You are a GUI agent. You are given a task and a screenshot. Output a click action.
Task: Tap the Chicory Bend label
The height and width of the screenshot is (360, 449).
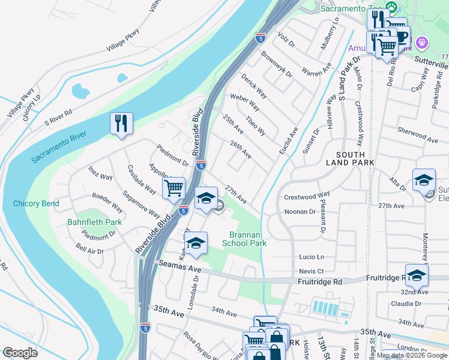point(36,204)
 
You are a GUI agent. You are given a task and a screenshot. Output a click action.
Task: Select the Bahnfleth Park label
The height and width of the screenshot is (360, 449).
point(94,223)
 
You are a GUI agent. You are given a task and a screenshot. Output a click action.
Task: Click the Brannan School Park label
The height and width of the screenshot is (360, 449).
point(244,239)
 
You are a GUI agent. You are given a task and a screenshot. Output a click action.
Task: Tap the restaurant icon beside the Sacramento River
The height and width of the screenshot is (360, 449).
point(122,124)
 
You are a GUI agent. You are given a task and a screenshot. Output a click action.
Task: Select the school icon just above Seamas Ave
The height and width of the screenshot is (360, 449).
point(196,243)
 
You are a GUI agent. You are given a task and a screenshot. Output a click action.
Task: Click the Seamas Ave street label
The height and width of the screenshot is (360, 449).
point(179,265)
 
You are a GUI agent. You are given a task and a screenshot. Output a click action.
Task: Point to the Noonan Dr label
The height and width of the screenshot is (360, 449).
point(300,212)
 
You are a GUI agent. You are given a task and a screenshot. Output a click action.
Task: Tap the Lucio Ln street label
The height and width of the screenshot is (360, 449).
point(312,257)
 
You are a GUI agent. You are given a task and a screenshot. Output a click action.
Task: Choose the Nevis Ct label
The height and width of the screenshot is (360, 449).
point(312,271)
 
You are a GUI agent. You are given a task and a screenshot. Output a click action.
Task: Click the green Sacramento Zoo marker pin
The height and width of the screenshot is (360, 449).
point(391,8)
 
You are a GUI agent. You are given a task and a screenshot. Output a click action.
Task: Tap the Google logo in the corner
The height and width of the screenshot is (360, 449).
point(20,353)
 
